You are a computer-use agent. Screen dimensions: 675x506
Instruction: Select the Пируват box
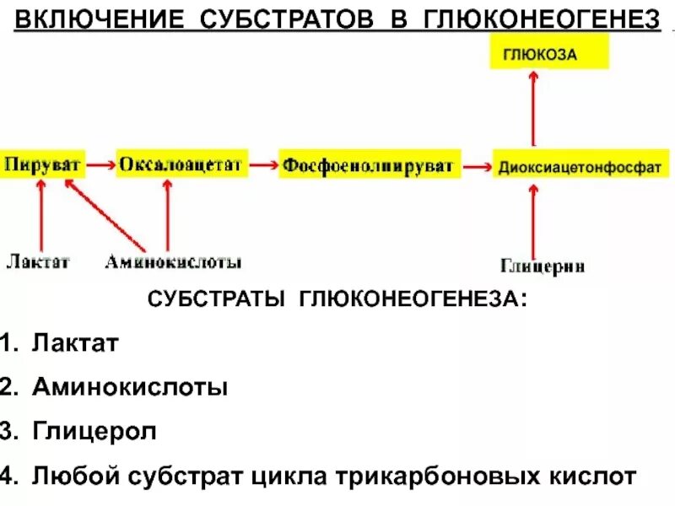[x=43, y=164]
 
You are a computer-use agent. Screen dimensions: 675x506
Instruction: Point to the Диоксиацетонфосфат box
[x=579, y=166]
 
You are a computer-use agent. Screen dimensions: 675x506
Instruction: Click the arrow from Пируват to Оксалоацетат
[x=101, y=165]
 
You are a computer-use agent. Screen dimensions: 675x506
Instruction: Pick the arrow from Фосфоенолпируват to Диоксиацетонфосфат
[x=479, y=166]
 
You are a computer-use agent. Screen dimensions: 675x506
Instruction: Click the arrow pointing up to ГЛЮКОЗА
[x=533, y=110]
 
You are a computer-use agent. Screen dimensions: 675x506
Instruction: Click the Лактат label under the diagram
[x=38, y=262]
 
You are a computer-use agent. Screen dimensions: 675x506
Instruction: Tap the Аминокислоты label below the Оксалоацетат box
[x=173, y=262]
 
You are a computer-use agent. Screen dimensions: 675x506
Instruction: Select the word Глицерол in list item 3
[x=94, y=432]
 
